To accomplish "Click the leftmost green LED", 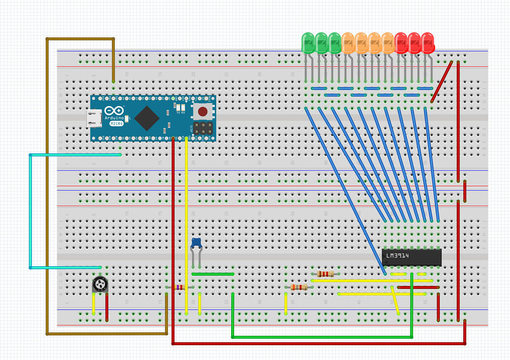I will (308, 43).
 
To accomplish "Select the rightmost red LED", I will (428, 43).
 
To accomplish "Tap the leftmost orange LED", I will (348, 43).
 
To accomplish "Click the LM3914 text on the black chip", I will (398, 256).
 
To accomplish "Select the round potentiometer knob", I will (100, 284).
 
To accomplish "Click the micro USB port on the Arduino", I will (93, 118).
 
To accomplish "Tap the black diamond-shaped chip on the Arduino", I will (147, 118).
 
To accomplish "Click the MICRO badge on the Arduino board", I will (116, 123).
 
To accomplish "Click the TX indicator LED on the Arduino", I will (178, 107).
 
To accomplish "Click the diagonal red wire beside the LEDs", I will (442, 81).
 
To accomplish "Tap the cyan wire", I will (31, 212).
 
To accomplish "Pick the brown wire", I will (47, 187).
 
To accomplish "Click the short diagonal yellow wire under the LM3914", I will (396, 300).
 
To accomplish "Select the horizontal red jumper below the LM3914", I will (418, 287).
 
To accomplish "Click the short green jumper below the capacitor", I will (213, 274).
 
